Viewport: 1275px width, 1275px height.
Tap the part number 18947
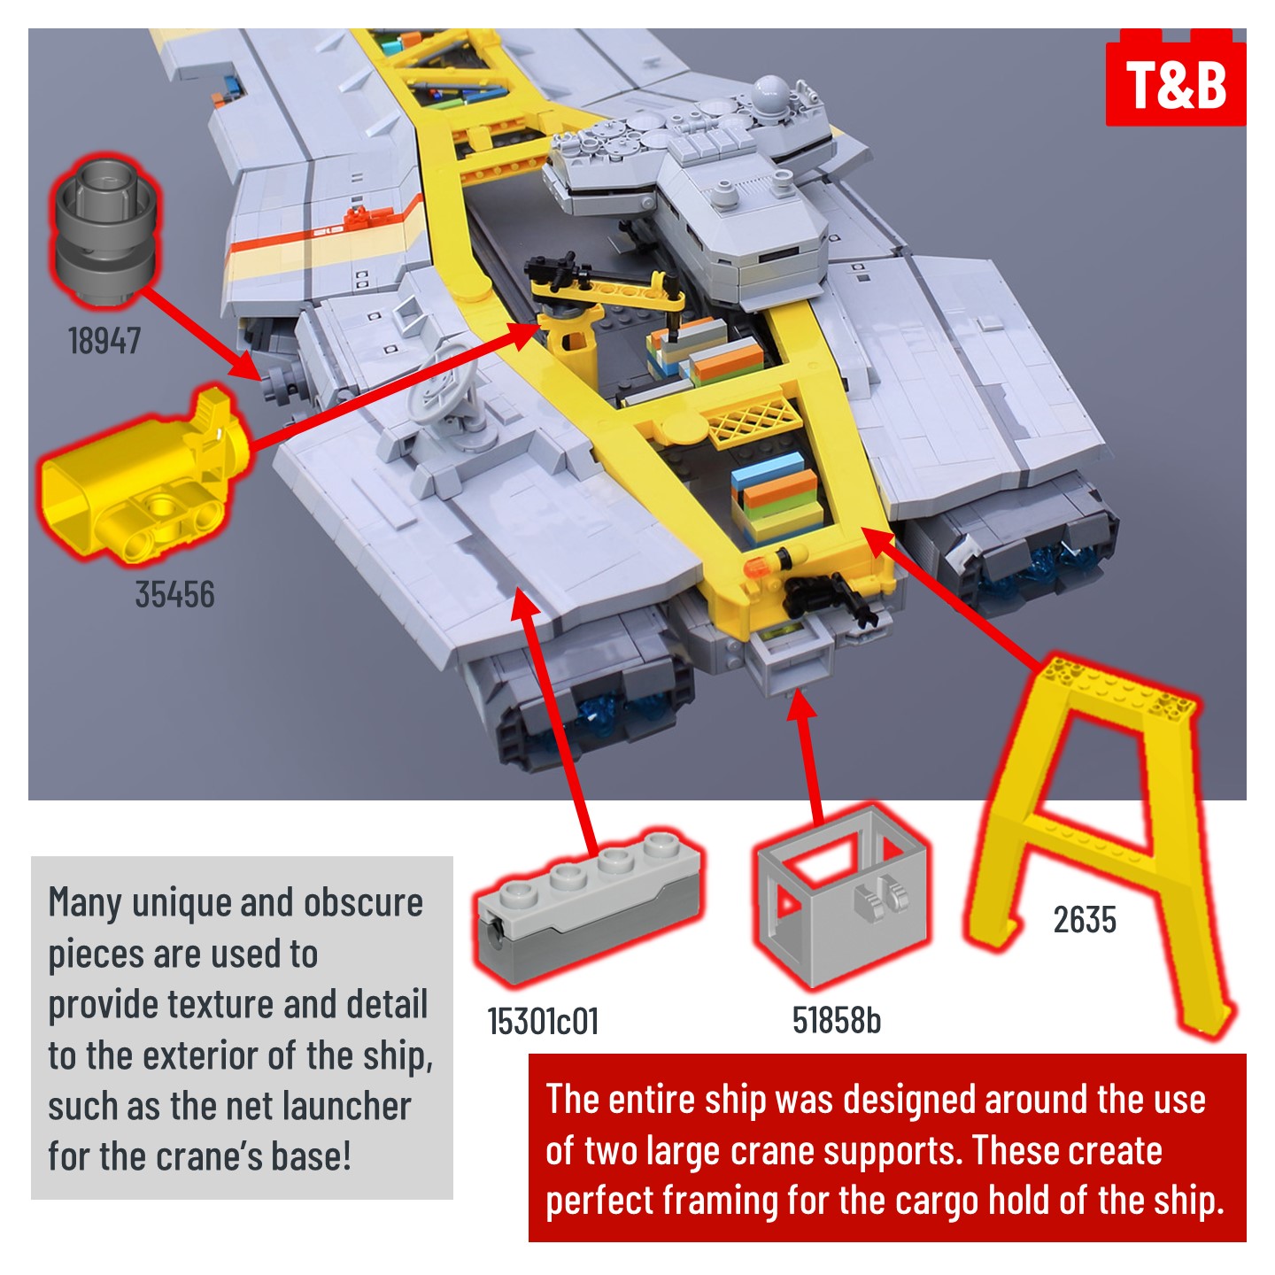click(x=104, y=341)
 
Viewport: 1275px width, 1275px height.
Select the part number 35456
click(x=174, y=594)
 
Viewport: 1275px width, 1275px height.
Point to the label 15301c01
click(x=543, y=1021)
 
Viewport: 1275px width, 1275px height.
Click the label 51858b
click(x=837, y=1020)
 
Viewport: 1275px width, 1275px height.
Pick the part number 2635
click(x=1085, y=920)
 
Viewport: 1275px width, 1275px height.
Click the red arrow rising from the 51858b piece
click(x=807, y=758)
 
